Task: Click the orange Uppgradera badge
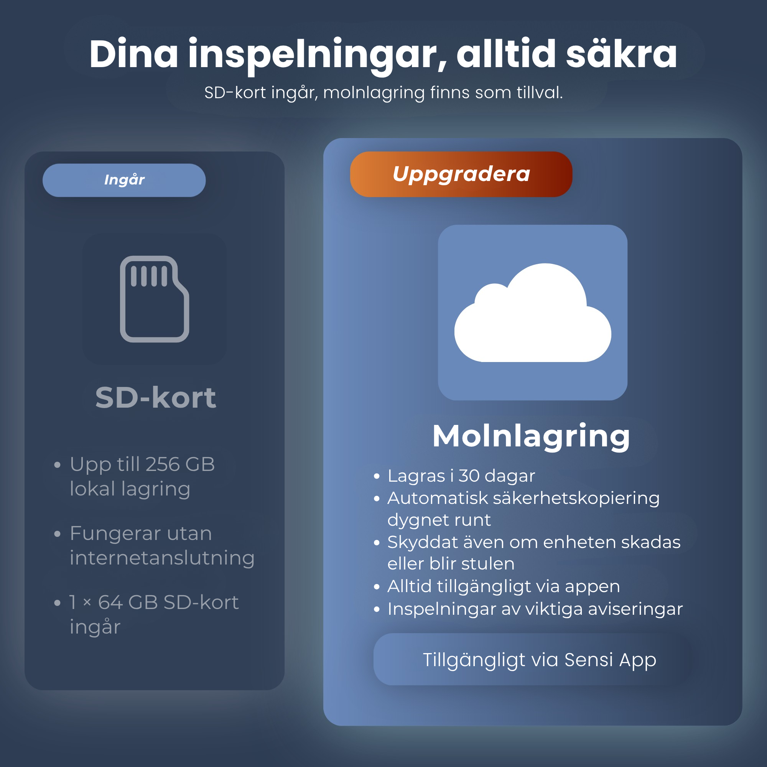461,174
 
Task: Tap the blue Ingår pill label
124,180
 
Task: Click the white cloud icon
532,313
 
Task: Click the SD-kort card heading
156,397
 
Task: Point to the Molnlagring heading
531,436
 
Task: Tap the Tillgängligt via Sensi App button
532,659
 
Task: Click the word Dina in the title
134,54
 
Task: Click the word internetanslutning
162,558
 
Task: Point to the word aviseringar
635,609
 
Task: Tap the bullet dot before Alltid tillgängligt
377,587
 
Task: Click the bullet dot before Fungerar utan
57,534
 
